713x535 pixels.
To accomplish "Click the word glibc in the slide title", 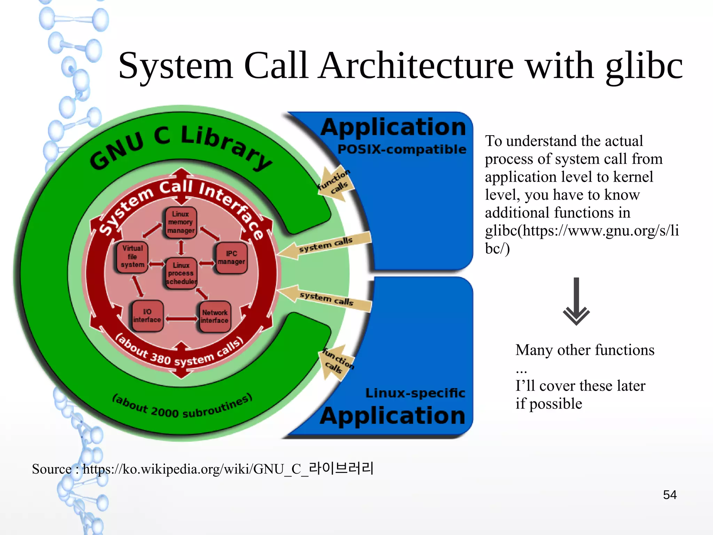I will point(644,66).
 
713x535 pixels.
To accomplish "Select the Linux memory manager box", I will point(180,223).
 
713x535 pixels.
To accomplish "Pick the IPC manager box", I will point(231,258).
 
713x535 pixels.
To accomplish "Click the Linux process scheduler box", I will point(181,274).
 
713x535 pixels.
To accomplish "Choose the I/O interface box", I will point(147,316).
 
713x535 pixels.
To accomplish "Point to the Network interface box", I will point(214,316).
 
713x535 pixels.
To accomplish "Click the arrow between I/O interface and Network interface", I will point(181,319).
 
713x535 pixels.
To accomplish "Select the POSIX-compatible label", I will point(402,149).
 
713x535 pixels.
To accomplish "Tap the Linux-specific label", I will point(415,393).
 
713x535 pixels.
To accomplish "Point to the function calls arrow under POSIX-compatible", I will point(335,183).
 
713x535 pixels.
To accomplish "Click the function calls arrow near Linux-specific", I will point(336,362).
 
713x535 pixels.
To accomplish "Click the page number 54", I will point(669,495).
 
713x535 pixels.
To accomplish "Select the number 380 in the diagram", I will point(160,358).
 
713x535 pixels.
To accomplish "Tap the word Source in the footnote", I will point(52,469).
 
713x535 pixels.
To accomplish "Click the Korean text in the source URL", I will point(341,468).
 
